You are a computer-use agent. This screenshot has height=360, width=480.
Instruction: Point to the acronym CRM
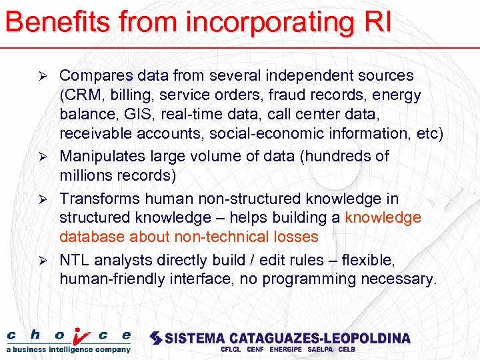[82, 95]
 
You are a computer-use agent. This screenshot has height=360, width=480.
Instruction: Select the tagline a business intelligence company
[69, 349]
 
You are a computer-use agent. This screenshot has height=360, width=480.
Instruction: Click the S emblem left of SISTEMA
[155, 338]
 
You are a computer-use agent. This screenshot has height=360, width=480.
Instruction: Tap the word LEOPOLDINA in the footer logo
[369, 338]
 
